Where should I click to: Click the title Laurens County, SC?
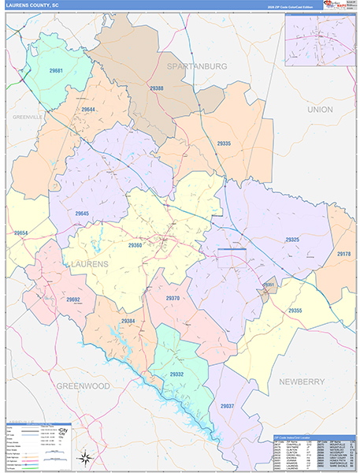point(33,6)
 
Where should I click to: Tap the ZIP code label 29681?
point(56,72)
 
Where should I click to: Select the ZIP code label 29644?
point(88,110)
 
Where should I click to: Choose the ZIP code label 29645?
point(83,213)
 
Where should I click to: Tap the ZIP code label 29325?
point(292,239)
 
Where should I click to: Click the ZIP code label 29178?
point(344,254)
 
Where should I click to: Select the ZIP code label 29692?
point(72,300)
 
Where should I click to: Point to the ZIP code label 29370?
point(173,298)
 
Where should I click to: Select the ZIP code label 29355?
point(295,311)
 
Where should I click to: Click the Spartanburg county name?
point(196,66)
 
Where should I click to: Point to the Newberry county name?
point(302,381)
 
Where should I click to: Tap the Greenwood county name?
point(83,386)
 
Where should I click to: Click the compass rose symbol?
point(85,457)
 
